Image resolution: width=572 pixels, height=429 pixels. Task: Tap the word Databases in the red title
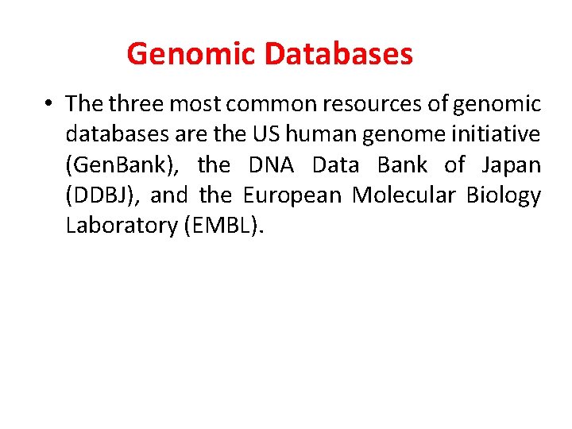[338, 55]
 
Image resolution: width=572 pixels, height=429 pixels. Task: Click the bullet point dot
[49, 104]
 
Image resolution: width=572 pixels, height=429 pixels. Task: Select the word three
[135, 104]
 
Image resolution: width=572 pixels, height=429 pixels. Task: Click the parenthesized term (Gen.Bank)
[126, 165]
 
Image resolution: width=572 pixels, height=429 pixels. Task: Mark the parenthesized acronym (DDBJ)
[101, 195]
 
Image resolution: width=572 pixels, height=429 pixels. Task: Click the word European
[293, 195]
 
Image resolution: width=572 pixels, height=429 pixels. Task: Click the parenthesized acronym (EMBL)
[223, 226]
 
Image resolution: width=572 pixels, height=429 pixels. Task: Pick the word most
[192, 104]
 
